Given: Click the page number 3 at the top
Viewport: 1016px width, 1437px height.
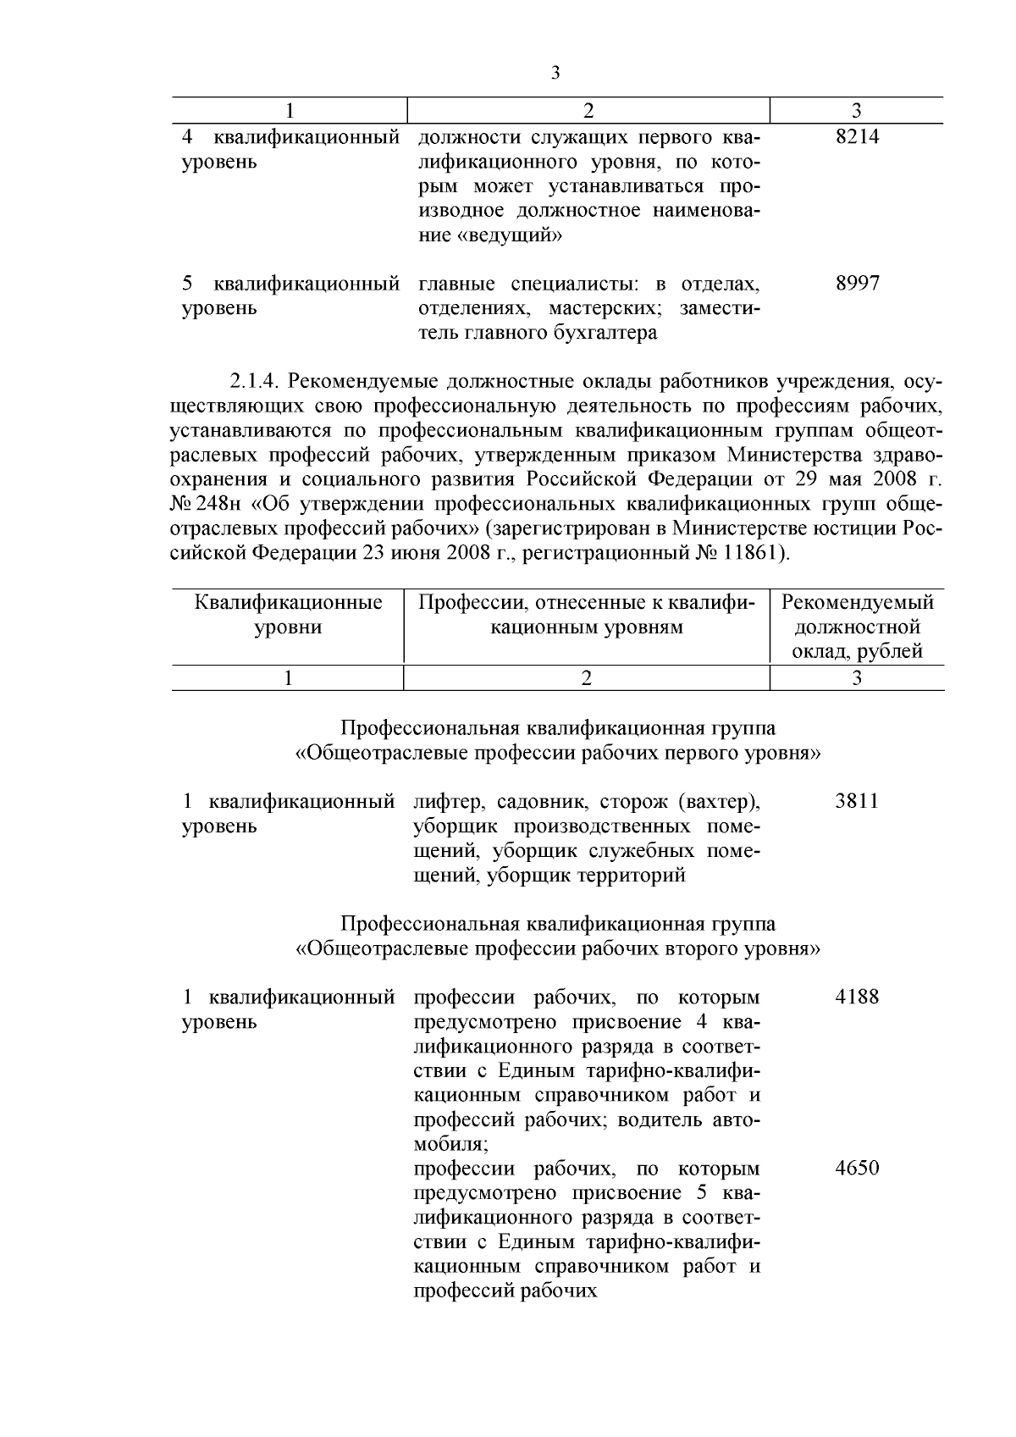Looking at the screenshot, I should pos(555,73).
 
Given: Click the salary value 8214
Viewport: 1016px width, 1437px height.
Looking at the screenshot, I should pos(857,137).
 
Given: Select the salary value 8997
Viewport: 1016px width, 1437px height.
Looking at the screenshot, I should pos(857,284).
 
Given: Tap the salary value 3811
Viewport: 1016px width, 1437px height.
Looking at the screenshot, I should pos(857,801).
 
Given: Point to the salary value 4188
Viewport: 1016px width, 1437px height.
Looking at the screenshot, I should pos(857,997).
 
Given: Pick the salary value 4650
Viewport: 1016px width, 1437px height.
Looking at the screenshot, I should pos(857,1169).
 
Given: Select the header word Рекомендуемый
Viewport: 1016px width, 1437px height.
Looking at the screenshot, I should pos(857,603).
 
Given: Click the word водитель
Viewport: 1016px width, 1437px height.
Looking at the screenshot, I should pos(661,1119).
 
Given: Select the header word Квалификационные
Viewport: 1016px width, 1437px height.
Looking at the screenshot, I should pos(288,603).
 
